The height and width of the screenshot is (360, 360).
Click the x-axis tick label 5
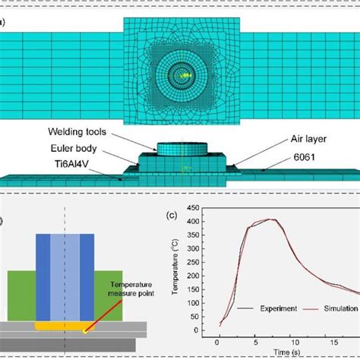[245, 343]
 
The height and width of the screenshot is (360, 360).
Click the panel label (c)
[172, 214]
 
